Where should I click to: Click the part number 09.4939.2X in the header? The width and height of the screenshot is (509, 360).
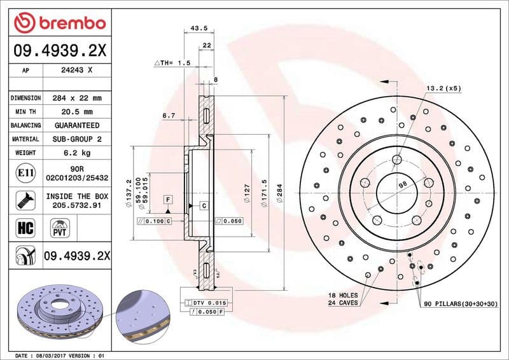coord(59,50)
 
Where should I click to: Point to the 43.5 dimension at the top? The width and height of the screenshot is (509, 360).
coord(199,28)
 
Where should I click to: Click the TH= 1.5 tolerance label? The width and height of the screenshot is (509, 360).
coord(172,64)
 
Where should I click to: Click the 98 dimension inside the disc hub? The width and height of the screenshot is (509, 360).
coord(402,184)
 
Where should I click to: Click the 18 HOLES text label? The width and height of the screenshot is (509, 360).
coord(343,296)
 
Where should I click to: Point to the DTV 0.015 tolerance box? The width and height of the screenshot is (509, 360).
coord(209,303)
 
